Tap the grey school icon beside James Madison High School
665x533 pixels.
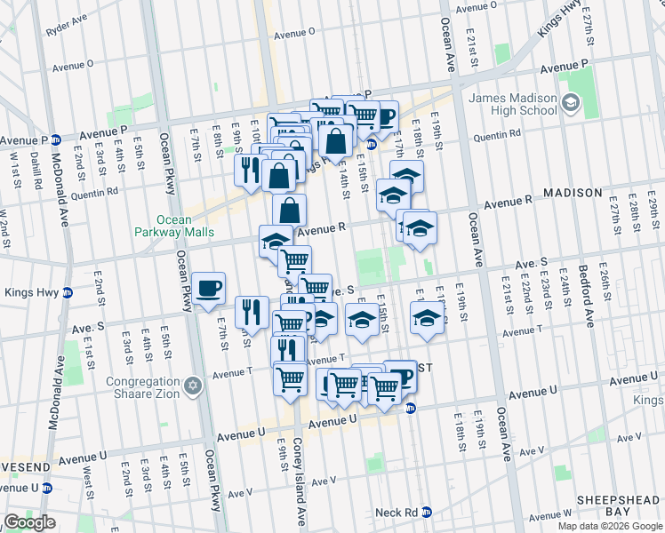click(x=569, y=105)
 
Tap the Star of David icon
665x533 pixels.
click(x=189, y=390)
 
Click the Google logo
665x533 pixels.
click(x=29, y=522)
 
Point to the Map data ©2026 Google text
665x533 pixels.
click(x=609, y=526)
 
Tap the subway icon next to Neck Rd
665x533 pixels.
click(x=427, y=513)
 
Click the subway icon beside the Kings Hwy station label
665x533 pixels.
click(x=67, y=292)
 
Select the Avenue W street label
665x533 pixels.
click(x=552, y=514)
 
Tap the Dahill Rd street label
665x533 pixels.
click(x=36, y=171)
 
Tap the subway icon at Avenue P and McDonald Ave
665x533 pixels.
click(x=55, y=139)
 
